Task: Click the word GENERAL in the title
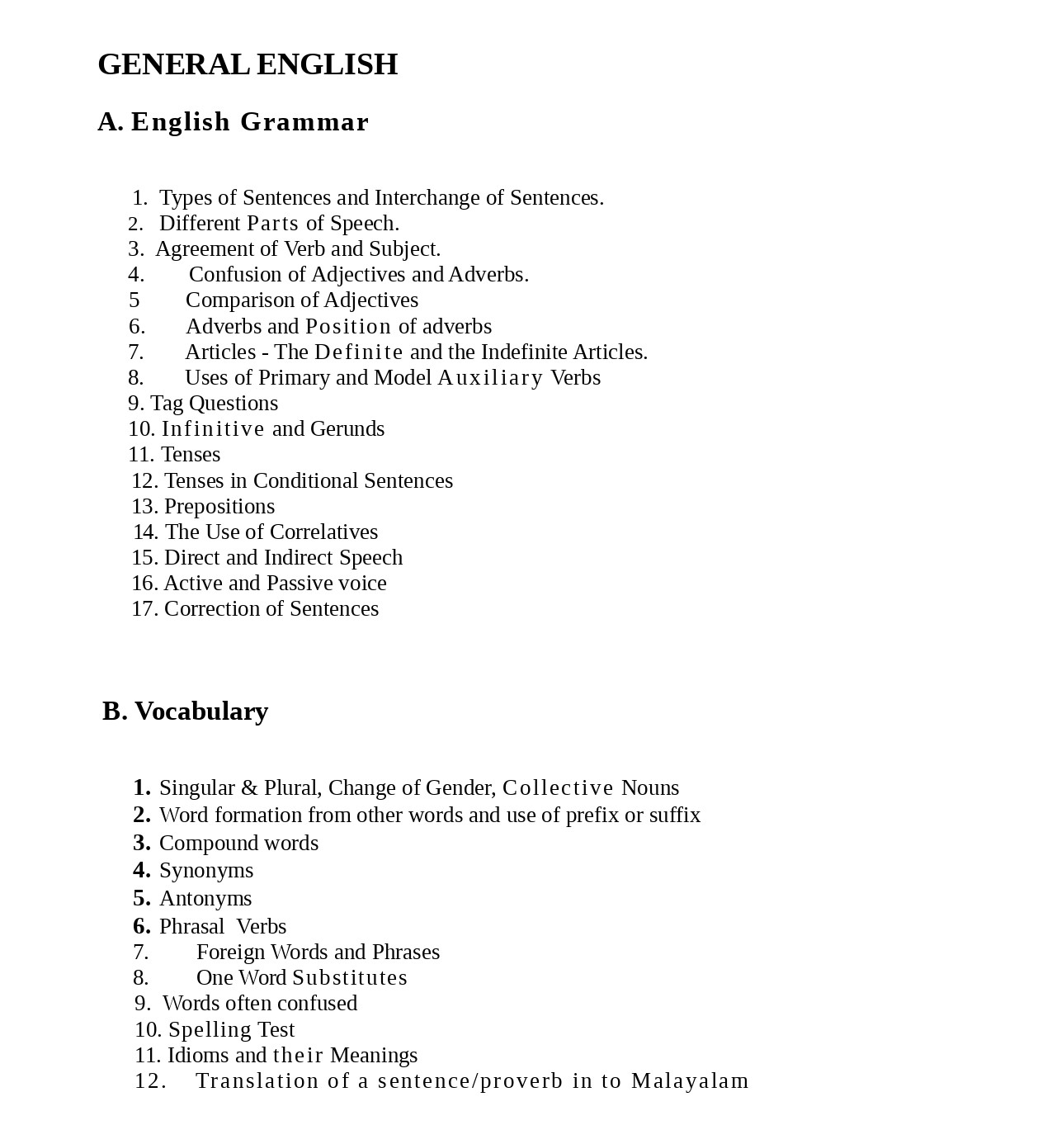[x=173, y=64]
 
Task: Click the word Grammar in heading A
[x=304, y=122]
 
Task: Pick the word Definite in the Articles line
[x=359, y=352]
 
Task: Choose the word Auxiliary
[x=490, y=378]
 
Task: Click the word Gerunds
[x=347, y=429]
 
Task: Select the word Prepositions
[x=219, y=507]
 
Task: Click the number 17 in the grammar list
[x=144, y=609]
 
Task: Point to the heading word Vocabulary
[x=201, y=711]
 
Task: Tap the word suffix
[x=674, y=815]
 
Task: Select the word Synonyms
[x=206, y=871]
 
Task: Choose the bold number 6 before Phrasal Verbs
[x=141, y=926]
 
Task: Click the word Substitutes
[x=350, y=978]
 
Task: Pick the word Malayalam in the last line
[x=690, y=1081]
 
